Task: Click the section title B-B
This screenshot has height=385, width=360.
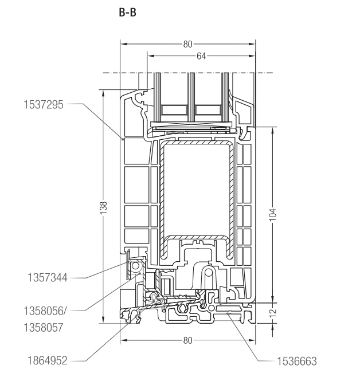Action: (x=127, y=10)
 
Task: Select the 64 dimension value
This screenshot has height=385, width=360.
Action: (x=201, y=56)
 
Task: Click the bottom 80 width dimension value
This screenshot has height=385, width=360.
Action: (x=187, y=340)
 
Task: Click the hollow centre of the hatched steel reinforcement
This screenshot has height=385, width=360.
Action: (x=194, y=189)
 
